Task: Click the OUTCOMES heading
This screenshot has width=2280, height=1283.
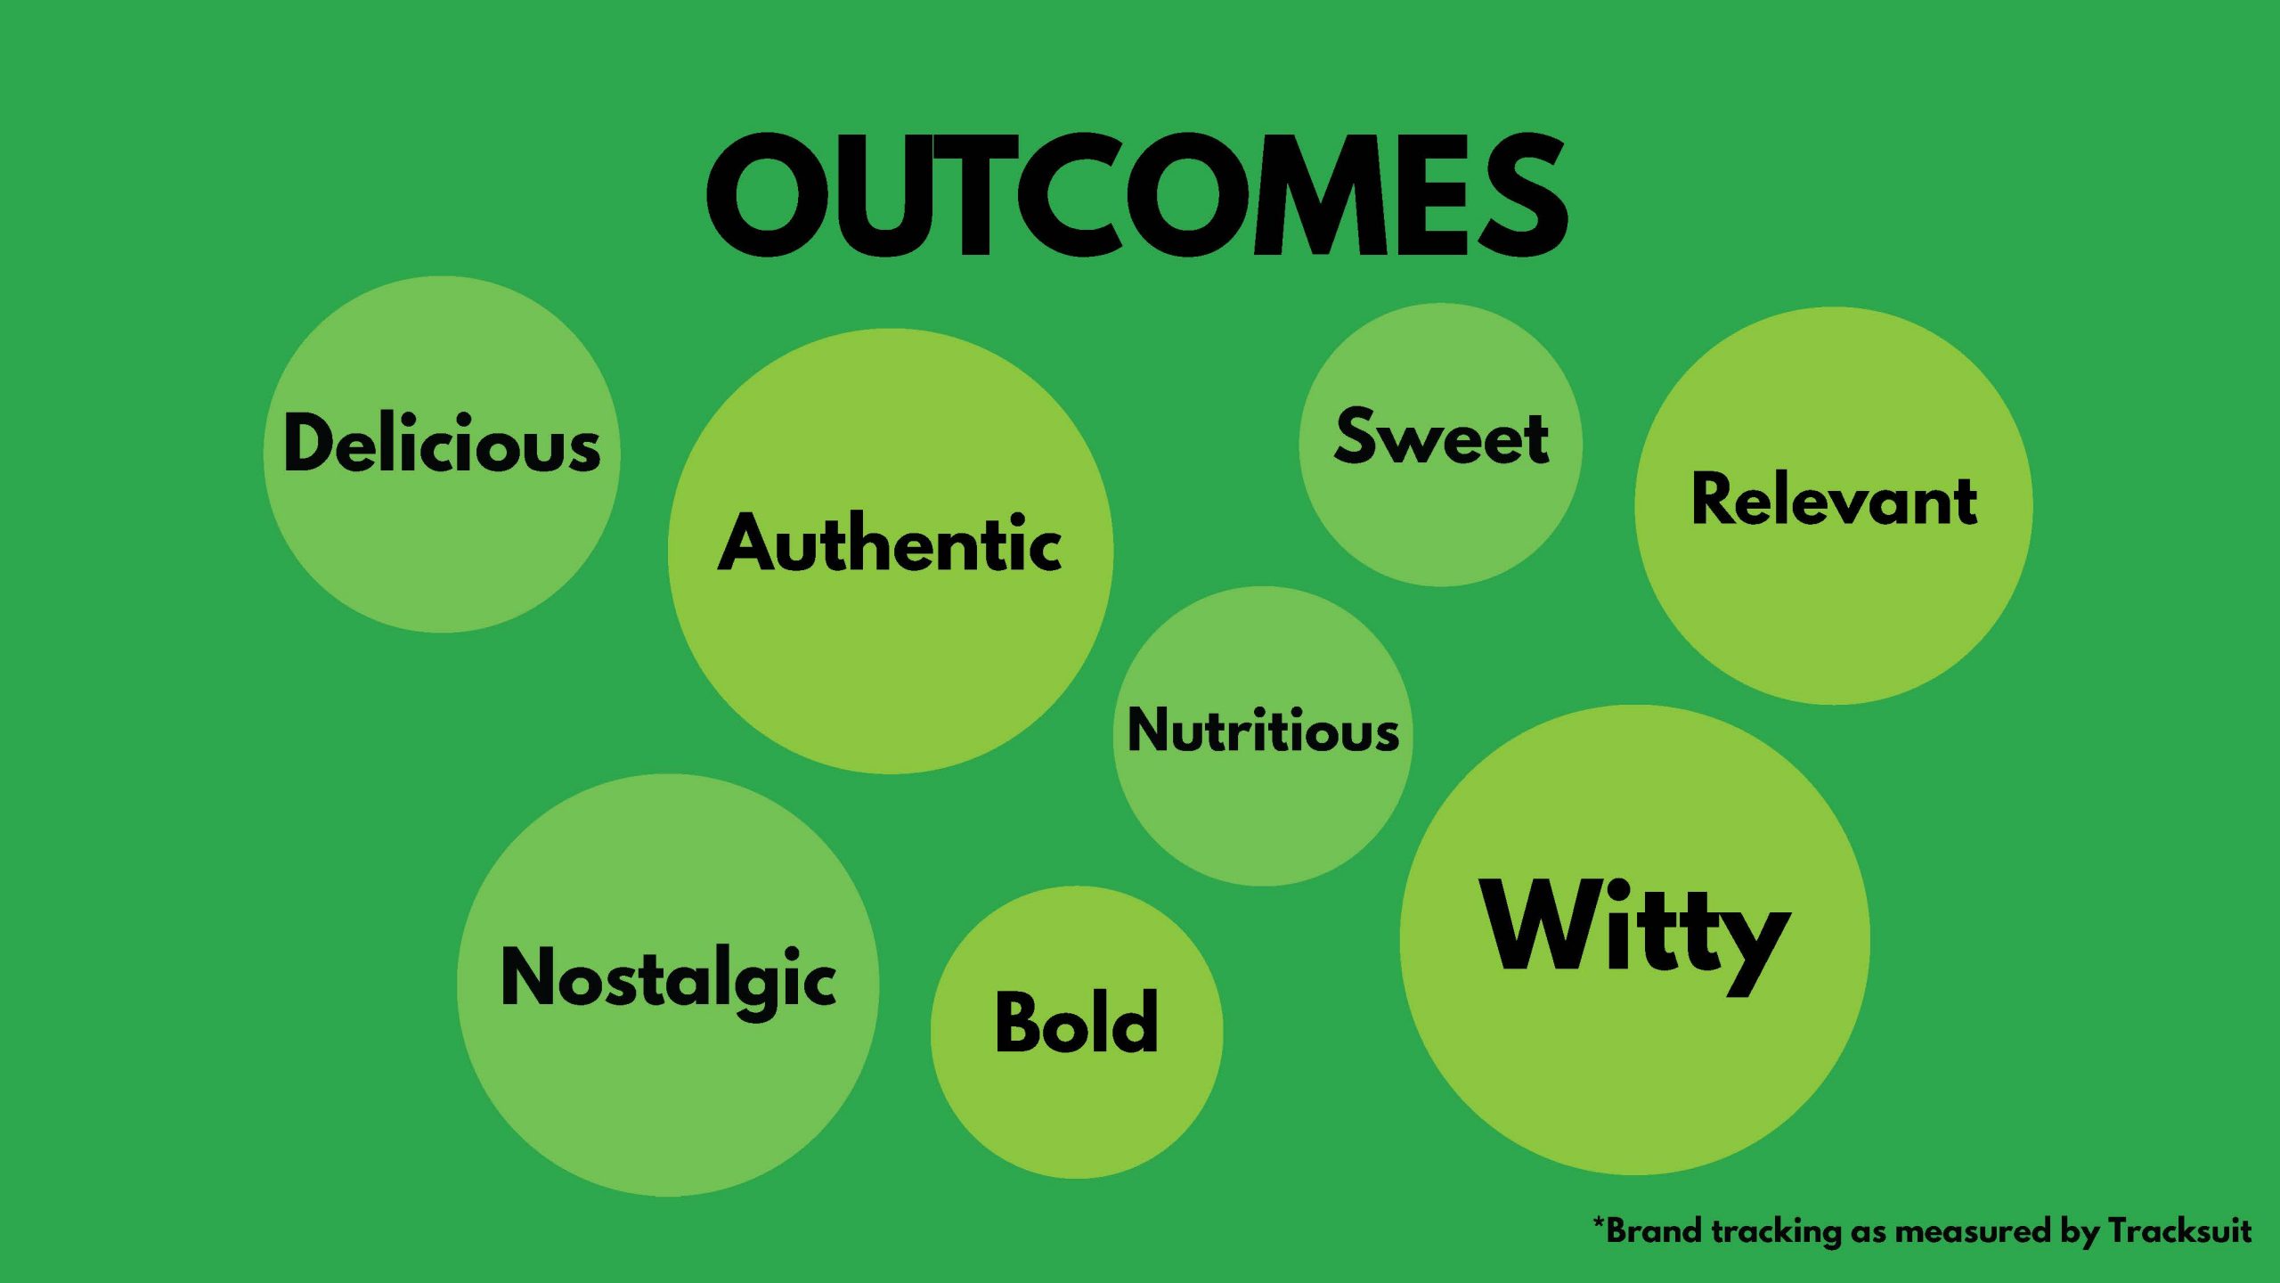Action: (1137, 195)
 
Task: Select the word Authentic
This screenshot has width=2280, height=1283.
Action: (890, 542)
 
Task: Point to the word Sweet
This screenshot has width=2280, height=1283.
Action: (1441, 437)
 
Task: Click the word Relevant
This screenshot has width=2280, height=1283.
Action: (1834, 499)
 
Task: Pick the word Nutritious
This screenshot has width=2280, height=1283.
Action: (1263, 731)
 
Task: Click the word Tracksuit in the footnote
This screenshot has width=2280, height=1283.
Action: (2179, 1231)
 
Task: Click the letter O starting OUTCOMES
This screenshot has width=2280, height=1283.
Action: (768, 195)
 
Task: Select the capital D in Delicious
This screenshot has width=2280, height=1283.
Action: (312, 442)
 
